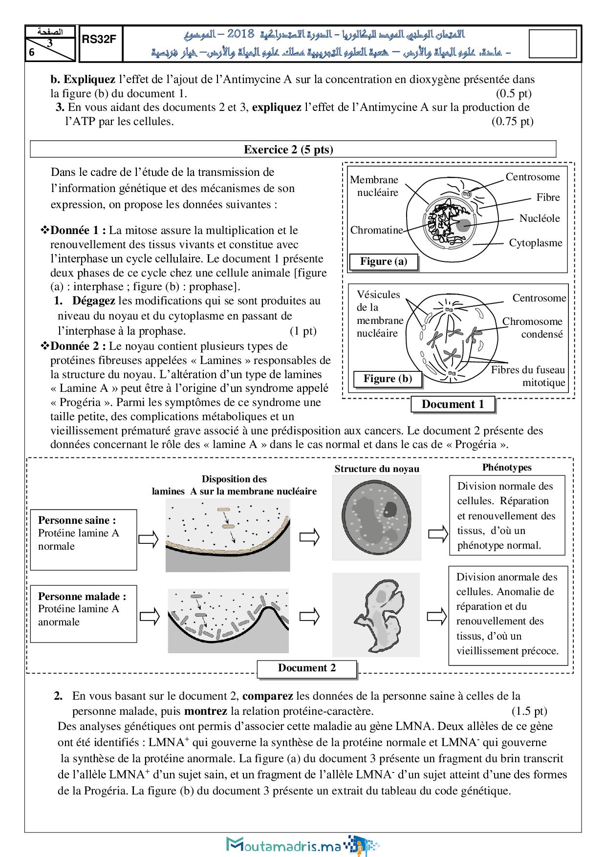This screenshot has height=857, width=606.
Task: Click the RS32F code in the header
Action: (99, 40)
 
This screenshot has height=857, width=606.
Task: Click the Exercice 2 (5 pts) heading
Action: (288, 150)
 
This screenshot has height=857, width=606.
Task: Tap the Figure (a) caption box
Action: (384, 261)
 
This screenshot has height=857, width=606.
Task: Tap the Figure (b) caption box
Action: (388, 379)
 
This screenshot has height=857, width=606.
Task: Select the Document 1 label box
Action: (453, 404)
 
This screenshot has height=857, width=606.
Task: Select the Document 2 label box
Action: (307, 668)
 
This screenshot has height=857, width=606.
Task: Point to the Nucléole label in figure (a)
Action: (540, 218)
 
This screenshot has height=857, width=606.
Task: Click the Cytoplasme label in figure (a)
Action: (536, 243)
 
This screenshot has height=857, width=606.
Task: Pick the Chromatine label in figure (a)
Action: (376, 230)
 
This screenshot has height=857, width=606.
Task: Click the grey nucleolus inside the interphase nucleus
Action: (463, 225)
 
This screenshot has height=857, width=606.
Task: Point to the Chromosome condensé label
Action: (533, 327)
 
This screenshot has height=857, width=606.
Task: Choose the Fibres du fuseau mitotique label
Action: (528, 376)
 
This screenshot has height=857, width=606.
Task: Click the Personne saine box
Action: (84, 539)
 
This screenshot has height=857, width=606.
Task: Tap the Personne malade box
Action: (84, 614)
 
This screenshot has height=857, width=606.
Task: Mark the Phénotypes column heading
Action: (507, 468)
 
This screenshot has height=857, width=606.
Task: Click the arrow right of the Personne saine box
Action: (148, 539)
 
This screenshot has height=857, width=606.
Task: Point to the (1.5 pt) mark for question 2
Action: (529, 711)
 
